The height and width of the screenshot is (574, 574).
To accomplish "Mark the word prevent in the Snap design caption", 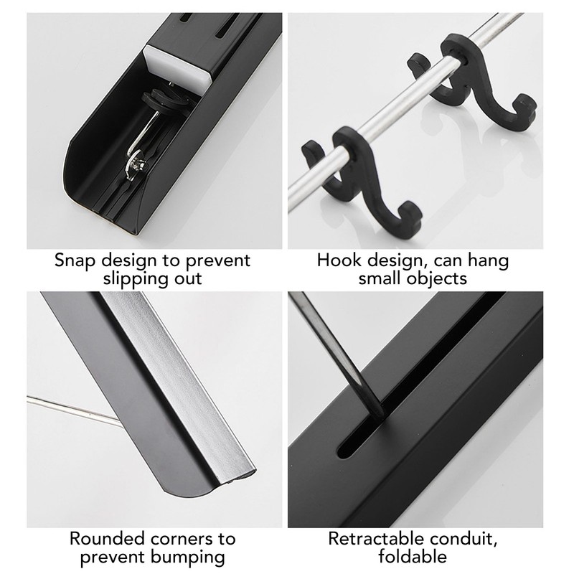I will pos(215,259).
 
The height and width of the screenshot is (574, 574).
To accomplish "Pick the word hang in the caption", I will pos(489,259).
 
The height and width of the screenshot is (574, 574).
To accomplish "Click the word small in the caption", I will pos(382,278).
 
